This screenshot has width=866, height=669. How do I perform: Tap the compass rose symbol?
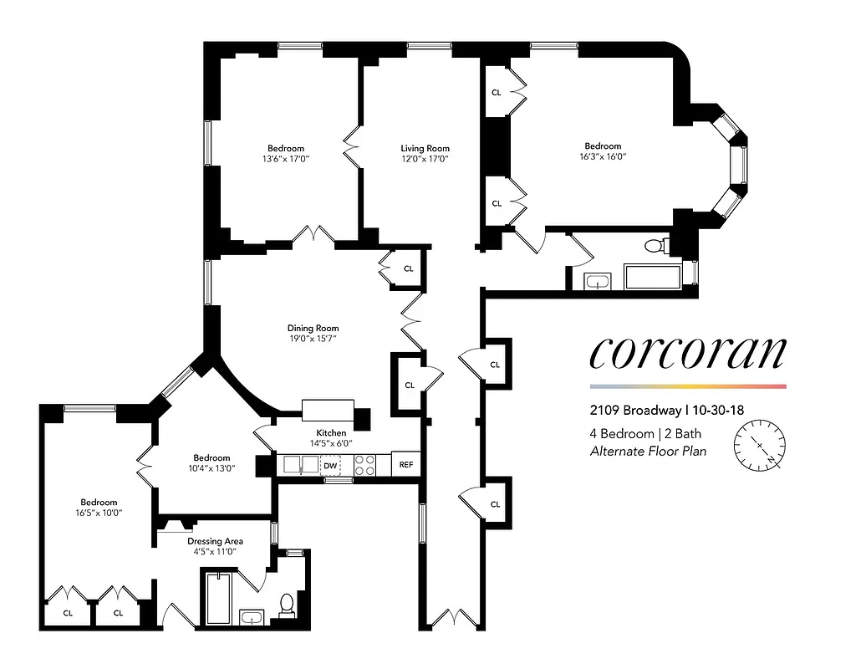[x=760, y=446]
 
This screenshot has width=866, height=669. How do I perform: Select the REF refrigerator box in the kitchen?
[x=405, y=465]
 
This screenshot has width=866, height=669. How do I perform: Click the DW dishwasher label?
[x=330, y=465]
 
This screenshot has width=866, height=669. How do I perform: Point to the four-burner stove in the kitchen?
[x=365, y=465]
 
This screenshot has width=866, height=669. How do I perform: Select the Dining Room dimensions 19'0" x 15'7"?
[x=313, y=339]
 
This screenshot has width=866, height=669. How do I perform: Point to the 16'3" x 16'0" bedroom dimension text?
[x=602, y=156]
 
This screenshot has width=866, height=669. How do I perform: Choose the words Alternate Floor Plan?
[x=648, y=452]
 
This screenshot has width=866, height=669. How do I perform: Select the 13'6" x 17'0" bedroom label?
[x=286, y=158]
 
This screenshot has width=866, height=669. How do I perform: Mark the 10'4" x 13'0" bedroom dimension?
[x=211, y=468]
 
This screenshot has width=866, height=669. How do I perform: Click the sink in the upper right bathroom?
[x=597, y=281]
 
